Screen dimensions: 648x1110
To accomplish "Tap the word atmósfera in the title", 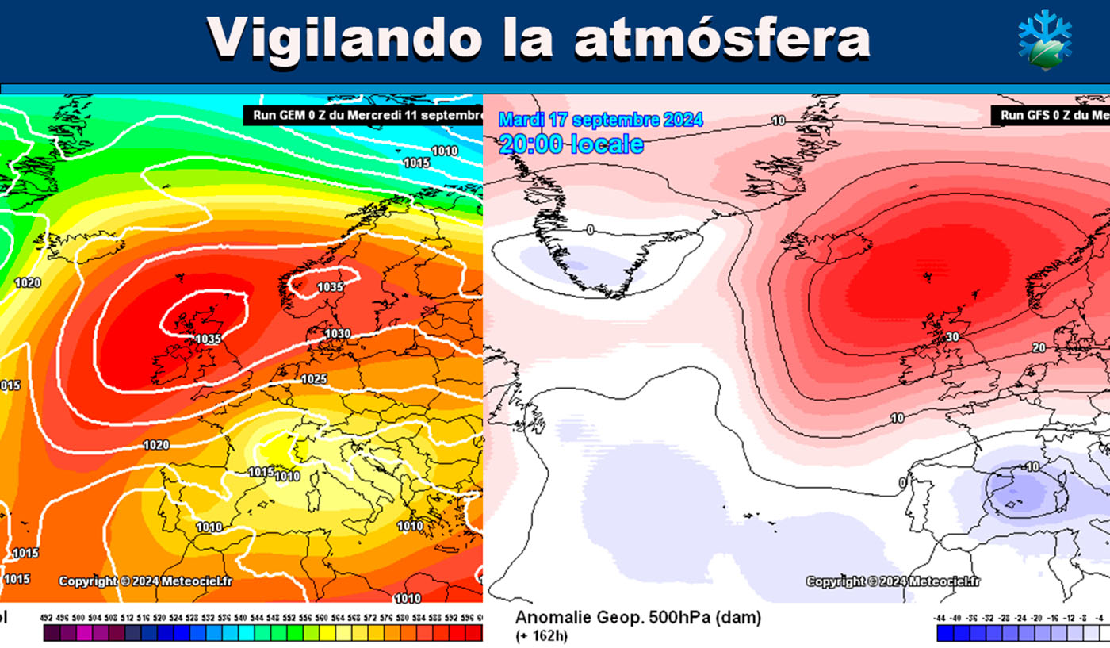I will coord(722,37).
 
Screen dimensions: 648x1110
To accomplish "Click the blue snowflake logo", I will coord(1044,39).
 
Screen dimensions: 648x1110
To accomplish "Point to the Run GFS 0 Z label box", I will coord(1049,116).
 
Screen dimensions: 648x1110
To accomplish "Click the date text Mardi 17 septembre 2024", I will coord(600,121).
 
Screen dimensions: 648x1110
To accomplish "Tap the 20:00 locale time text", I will coord(571,144).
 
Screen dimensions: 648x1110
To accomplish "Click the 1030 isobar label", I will coord(337,333).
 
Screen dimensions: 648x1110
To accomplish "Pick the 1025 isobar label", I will coord(315,379).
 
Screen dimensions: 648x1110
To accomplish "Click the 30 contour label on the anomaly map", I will coord(953,336).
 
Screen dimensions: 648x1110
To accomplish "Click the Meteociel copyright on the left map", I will coord(145,581).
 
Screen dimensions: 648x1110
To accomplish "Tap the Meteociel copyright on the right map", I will coord(893,581).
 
